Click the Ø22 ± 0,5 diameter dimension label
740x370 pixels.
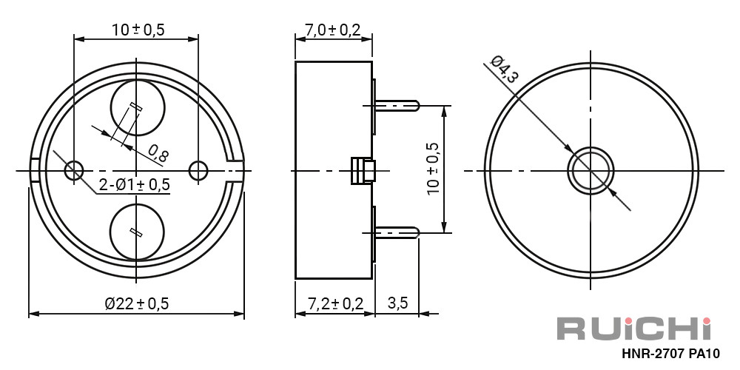136,303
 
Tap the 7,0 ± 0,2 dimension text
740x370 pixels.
333,30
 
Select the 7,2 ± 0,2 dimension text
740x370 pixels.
334,303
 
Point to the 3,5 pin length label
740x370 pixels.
397,303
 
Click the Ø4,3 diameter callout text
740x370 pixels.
504,69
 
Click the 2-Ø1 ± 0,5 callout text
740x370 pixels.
135,185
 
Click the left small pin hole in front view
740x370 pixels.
74,170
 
